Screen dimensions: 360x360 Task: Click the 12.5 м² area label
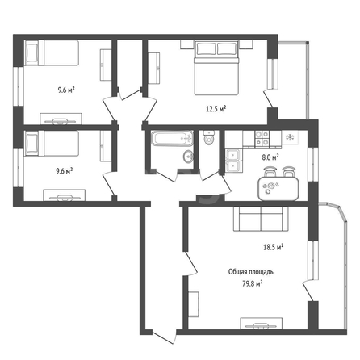pos(216,109)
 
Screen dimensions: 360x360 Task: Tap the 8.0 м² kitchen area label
pos(270,157)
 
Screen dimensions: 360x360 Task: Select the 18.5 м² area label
pos(274,247)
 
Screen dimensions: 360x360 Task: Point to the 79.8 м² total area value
pos(253,284)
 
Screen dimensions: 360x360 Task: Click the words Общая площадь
pos(251,272)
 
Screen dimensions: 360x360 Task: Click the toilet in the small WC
pos(208,137)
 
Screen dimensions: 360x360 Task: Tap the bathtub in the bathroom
pos(172,138)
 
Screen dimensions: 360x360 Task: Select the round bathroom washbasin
pos(188,157)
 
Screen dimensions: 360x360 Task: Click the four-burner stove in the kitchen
pos(262,138)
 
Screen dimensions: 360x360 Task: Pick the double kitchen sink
pos(234,161)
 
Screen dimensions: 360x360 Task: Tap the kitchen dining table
pos(278,188)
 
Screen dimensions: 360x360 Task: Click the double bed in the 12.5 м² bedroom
pos(216,68)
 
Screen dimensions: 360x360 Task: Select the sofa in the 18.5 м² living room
pos(261,219)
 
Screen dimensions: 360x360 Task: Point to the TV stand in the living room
pos(262,324)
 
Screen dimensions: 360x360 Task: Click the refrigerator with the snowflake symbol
pos(290,138)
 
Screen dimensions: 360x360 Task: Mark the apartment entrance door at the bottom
pos(164,337)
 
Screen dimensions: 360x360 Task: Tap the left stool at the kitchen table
pos(270,172)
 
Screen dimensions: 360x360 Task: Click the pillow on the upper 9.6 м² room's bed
pos(32,53)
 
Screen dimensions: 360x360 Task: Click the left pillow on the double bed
pos(206,48)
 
